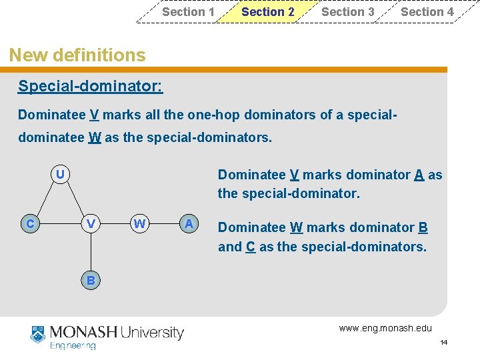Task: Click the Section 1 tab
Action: click(188, 12)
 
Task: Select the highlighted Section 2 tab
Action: click(267, 12)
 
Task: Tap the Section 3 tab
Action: click(347, 12)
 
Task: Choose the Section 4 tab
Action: click(427, 12)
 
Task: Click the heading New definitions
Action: click(77, 55)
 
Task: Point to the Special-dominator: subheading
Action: click(90, 86)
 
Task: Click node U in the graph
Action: click(60, 175)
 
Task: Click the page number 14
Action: click(444, 343)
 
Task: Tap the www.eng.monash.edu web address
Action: click(385, 328)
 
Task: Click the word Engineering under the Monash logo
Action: click(73, 345)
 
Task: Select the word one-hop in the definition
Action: click(216, 115)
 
